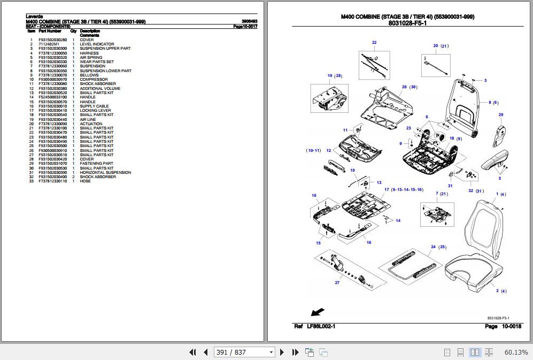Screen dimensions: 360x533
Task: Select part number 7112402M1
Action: tap(49, 44)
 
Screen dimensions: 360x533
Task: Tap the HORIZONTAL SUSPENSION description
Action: tap(105, 173)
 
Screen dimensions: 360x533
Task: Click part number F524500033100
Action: tap(52, 97)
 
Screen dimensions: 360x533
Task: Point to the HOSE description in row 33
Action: tap(85, 181)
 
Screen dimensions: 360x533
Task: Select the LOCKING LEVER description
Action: tap(95, 111)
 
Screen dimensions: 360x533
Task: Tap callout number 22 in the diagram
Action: tap(374, 42)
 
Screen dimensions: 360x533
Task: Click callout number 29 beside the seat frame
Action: tap(500, 115)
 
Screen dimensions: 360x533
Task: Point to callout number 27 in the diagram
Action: tap(337, 282)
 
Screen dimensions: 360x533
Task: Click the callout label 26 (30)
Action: tap(409, 87)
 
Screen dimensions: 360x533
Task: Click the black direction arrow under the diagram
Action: tap(318, 312)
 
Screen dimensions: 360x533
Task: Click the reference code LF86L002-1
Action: tap(321, 326)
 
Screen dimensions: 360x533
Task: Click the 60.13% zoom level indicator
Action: tap(515, 352)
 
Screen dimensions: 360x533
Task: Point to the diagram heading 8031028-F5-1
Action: tap(407, 23)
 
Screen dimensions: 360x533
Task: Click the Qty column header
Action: tap(74, 32)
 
